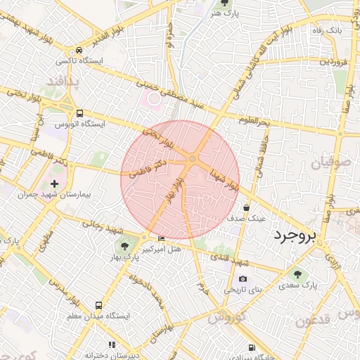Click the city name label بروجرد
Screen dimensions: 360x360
pyautogui.click(x=295, y=234)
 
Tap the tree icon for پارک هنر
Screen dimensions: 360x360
pyautogui.click(x=224, y=4)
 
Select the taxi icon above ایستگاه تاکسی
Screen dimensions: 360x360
pyautogui.click(x=79, y=51)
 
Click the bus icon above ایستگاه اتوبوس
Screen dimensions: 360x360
pyautogui.click(x=79, y=112)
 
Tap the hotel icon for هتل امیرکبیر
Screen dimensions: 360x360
pyautogui.click(x=162, y=239)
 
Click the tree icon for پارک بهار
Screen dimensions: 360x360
pyautogui.click(x=124, y=246)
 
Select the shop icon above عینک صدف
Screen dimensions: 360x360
pyautogui.click(x=246, y=208)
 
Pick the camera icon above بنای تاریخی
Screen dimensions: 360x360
pyautogui.click(x=243, y=279)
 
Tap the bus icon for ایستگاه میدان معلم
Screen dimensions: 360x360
pyautogui.click(x=98, y=306)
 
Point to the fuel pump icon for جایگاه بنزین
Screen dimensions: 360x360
pyautogui.click(x=252, y=347)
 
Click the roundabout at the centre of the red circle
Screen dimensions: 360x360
pyautogui.click(x=192, y=160)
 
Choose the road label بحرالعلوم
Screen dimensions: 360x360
pyautogui.click(x=253, y=122)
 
